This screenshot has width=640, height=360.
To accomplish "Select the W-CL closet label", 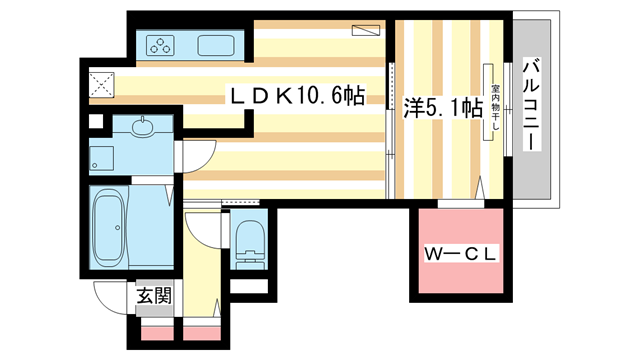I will pos(460,254).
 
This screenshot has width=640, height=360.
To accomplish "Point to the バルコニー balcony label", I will pos(532,104).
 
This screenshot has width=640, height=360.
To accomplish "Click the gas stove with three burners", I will pos(161,44).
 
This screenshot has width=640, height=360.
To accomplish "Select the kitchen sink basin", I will pos(217,45).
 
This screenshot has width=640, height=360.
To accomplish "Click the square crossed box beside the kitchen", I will pos(101,84).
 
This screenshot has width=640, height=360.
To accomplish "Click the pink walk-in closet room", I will pos(460,254).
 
